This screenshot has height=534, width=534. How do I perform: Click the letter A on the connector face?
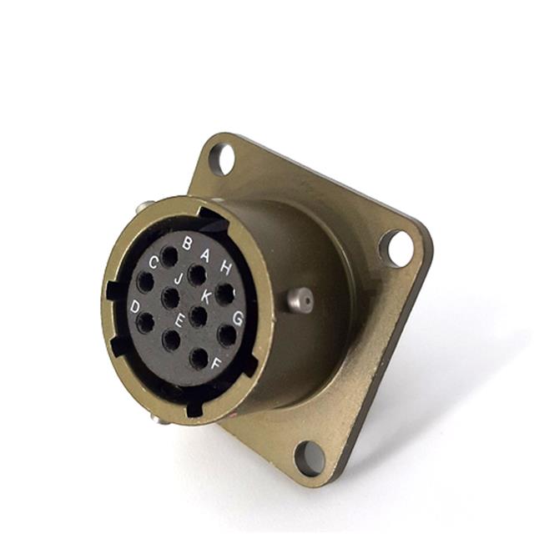tap(205, 256)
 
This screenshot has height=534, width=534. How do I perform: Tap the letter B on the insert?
tap(187, 243)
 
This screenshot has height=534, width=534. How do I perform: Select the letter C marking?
tap(154, 262)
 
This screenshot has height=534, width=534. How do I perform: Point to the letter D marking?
tap(134, 306)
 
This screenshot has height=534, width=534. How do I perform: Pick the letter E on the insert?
tap(179, 320)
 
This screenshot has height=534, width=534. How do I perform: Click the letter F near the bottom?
tap(216, 364)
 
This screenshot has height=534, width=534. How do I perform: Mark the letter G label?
tap(238, 318)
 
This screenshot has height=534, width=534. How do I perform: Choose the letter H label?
tap(225, 268)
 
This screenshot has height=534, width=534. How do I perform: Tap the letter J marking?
tap(177, 279)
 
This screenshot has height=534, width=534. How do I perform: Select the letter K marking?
tap(205, 296)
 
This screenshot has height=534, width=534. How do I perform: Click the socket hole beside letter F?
tap(199, 359)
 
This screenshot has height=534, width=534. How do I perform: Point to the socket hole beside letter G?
tap(227, 335)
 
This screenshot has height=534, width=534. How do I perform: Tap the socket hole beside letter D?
tap(144, 323)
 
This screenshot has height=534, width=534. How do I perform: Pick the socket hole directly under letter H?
tap(224, 293)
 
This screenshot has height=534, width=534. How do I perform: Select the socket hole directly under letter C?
tap(146, 282)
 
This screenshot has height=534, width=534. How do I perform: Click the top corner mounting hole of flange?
tap(222, 159)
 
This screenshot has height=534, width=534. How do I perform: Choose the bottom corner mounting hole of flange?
tap(310, 458)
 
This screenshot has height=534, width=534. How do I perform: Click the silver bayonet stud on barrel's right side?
tap(301, 300)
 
